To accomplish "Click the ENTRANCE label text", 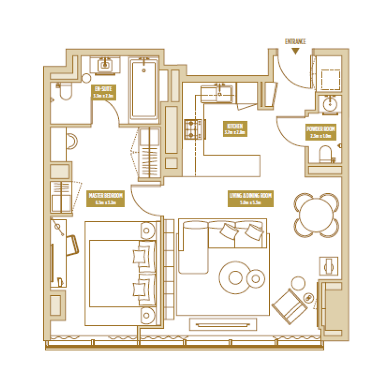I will (x=295, y=42).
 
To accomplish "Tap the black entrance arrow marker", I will (x=295, y=51).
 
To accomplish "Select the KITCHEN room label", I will (x=235, y=127).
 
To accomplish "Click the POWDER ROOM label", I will (x=320, y=132).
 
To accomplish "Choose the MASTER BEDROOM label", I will (x=106, y=198).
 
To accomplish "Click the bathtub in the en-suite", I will (x=143, y=90).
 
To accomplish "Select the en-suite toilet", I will (x=64, y=92).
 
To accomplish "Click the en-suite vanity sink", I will (x=106, y=65).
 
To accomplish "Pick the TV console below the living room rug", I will (x=223, y=324).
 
